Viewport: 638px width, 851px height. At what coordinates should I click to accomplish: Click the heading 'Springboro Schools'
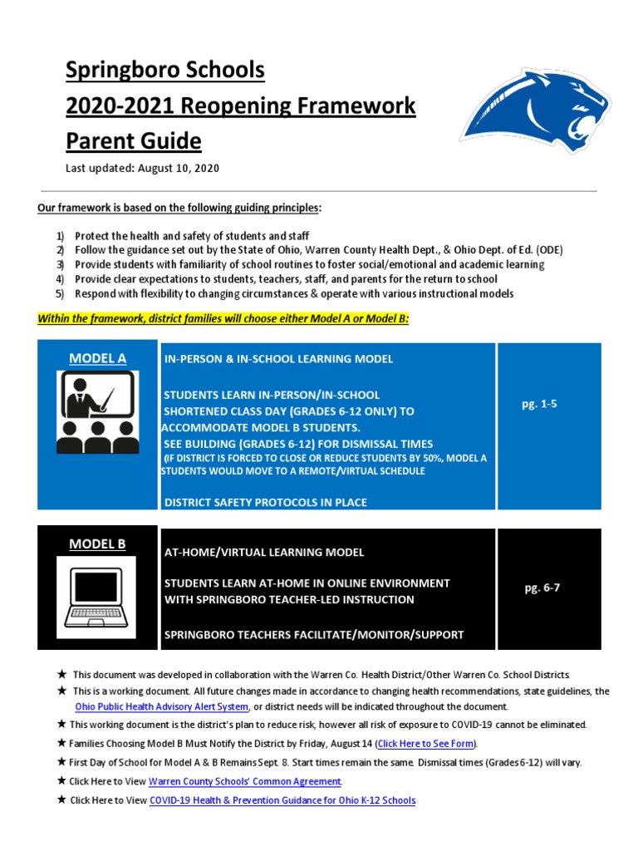(165, 71)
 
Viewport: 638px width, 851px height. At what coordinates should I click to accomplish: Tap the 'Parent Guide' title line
(134, 140)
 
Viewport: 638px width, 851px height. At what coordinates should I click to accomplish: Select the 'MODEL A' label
(97, 358)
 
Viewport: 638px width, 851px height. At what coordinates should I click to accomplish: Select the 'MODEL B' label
(97, 544)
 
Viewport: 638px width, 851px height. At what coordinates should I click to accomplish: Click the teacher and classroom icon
(97, 411)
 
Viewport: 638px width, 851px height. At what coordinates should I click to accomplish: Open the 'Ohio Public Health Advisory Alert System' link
(162, 706)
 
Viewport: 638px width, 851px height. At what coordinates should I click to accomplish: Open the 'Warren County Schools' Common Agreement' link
(245, 781)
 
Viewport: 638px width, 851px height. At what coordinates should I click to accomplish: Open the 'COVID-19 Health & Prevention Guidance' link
(282, 800)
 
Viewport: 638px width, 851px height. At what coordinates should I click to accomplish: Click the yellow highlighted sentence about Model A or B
(223, 317)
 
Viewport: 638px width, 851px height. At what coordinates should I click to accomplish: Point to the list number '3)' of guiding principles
(60, 264)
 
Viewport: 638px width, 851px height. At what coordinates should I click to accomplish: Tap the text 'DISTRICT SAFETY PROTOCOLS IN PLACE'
(266, 502)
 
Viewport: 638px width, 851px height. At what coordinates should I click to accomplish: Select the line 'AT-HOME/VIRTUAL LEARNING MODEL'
(264, 552)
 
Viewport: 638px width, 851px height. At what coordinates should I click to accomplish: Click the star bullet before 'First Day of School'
(61, 762)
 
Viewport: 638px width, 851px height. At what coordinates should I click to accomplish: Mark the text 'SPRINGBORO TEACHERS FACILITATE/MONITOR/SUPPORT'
(314, 635)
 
